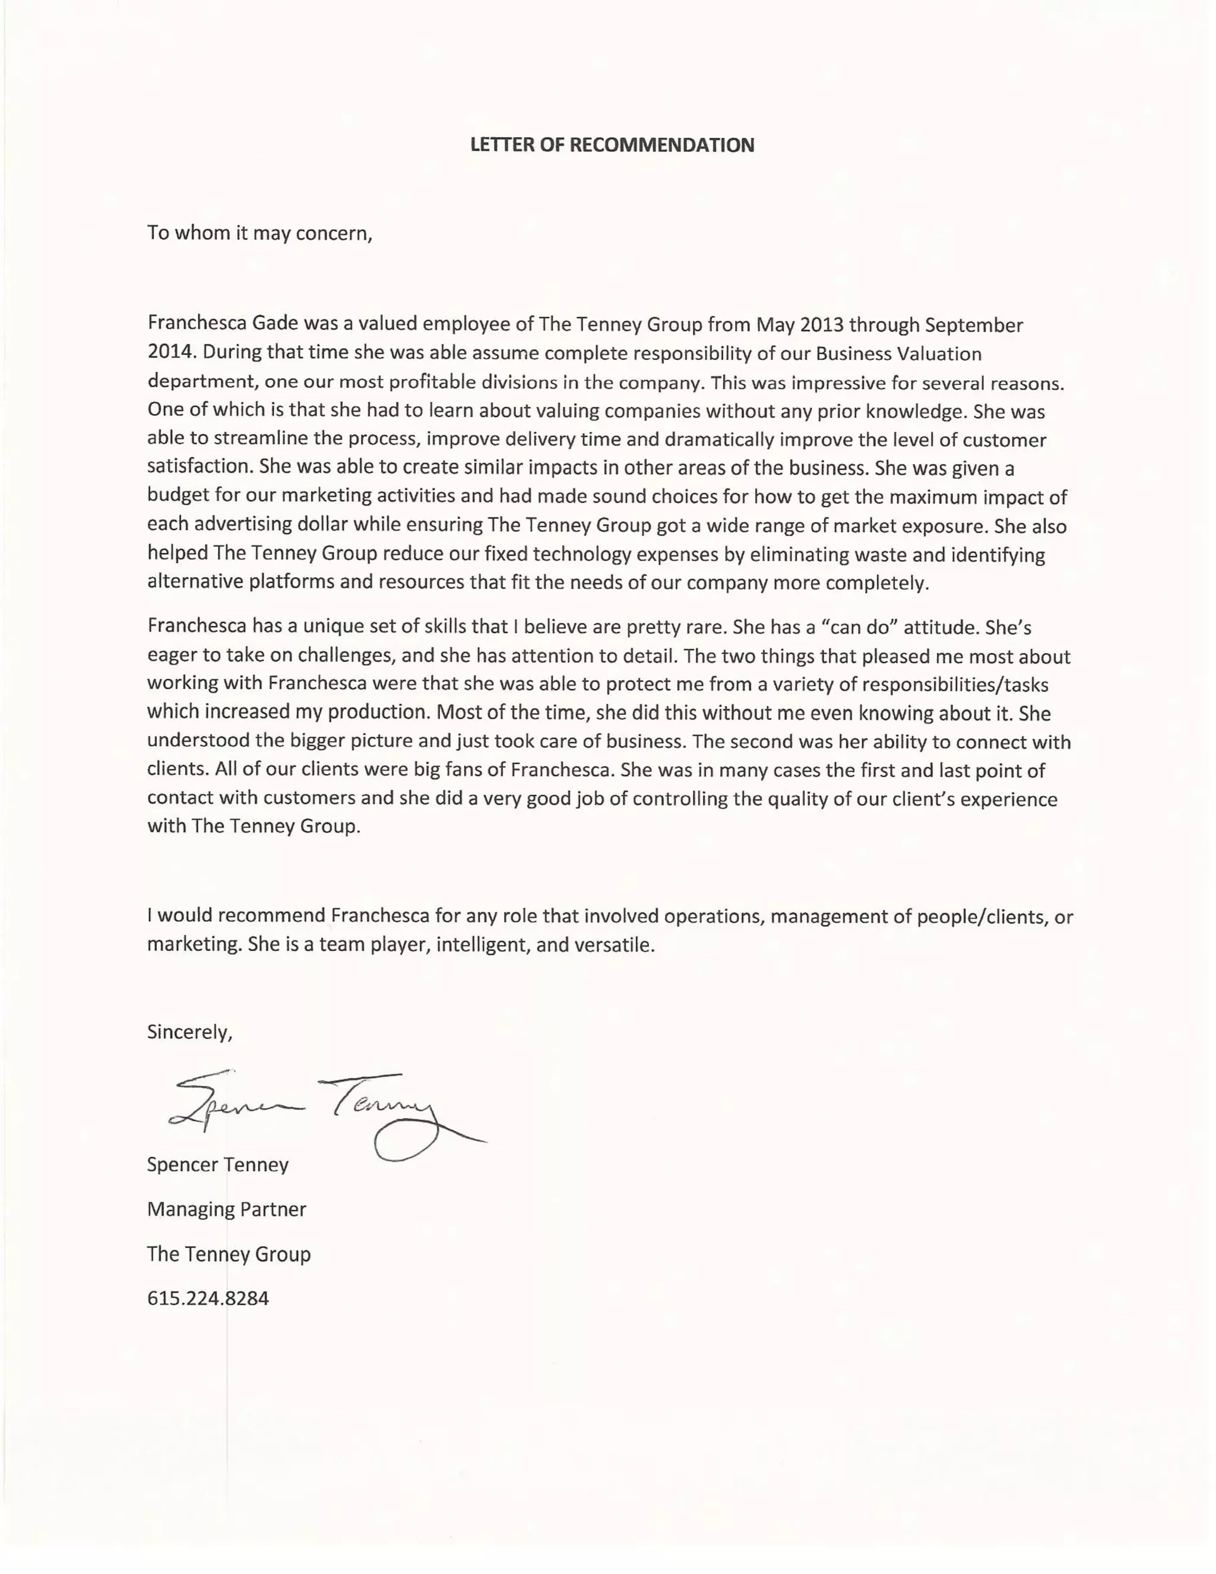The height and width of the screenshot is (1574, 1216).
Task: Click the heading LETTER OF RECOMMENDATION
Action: coord(612,146)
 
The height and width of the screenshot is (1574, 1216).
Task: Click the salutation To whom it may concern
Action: coord(259,233)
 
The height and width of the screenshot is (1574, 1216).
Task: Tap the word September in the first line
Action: coord(973,325)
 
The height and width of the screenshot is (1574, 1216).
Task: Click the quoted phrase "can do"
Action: coord(858,627)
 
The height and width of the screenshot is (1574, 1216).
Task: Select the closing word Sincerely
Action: coord(189,1032)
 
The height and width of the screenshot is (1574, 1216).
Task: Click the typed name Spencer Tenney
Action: coord(217,1165)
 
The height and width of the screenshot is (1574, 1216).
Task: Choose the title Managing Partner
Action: coord(226,1209)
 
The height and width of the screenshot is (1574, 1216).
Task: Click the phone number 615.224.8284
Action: coord(207,1298)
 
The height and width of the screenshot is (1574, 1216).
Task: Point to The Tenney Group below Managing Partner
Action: coord(229,1254)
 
